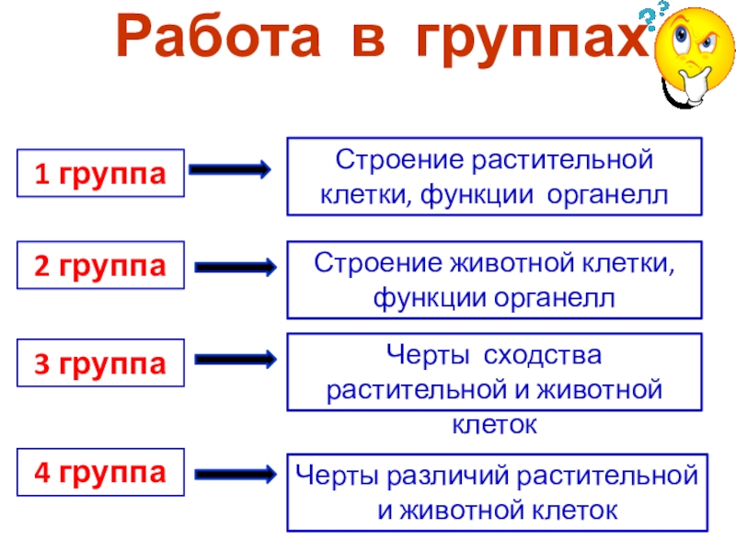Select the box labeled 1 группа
tap(100, 172)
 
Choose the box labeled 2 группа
tap(100, 267)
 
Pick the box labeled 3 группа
tap(100, 364)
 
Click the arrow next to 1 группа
tap(229, 170)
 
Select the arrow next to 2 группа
tap(236, 268)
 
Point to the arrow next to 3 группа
tap(236, 359)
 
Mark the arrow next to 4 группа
tap(236, 474)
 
